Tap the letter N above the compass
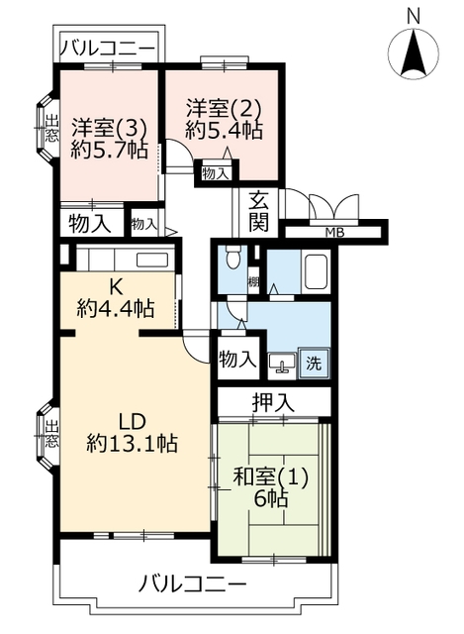coord(414,16)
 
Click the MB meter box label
coord(335,233)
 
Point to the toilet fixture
coord(232,258)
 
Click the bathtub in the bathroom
coord(316,271)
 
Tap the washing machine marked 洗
coord(314,364)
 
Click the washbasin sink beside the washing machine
coord(282,363)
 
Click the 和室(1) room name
coord(270,476)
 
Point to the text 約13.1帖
coord(132,443)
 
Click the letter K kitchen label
coord(116,287)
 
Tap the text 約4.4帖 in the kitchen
coord(116,309)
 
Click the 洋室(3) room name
coord(109,129)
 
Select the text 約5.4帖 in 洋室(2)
coord(225,130)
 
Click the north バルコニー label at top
coord(108,49)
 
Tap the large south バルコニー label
coord(193,583)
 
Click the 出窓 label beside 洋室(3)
coord(51,128)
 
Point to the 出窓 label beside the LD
coord(51,434)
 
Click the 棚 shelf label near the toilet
coord(253,281)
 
